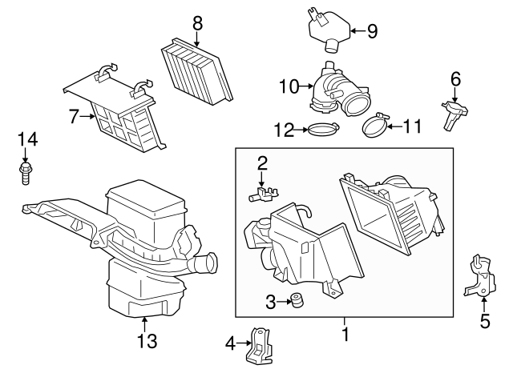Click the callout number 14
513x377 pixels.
pos(27,140)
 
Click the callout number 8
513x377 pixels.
pos(197,24)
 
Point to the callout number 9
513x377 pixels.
pos(371,31)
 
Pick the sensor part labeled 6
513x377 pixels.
pos(449,110)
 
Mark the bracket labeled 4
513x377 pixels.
pos(258,346)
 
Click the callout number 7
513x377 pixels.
pos(74,117)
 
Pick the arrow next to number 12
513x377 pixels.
pos(301,128)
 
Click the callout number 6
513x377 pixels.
pos(455,78)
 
